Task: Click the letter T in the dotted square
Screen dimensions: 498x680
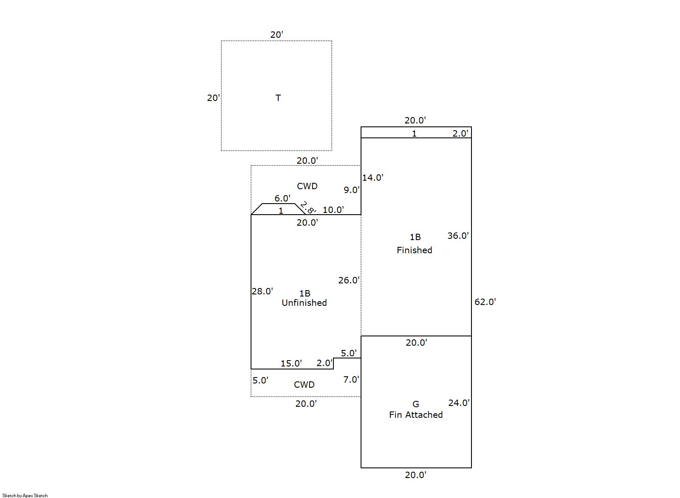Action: point(278,98)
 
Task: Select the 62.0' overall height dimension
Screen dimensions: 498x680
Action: point(485,302)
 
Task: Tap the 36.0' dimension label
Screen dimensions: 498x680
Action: point(458,236)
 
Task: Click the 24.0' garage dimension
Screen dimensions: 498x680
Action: point(459,403)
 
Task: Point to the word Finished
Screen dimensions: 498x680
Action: point(415,250)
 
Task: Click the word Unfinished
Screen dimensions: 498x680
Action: point(304,303)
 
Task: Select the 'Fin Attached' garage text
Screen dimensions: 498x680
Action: point(416,415)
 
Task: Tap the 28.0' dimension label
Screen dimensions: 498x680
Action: point(262,291)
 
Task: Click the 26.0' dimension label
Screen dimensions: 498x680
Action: point(349,280)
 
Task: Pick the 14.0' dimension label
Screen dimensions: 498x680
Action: point(372,178)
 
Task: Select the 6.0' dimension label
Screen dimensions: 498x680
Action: point(282,199)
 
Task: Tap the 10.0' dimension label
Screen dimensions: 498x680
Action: point(333,210)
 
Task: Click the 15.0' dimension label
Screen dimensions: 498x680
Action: point(291,364)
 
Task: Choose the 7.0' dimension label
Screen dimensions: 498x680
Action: point(351,380)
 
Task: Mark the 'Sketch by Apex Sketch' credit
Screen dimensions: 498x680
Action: point(25,495)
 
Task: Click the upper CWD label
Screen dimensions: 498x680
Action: point(307,186)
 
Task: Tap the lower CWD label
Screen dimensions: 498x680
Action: point(304,385)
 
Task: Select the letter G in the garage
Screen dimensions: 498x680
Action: point(416,404)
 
